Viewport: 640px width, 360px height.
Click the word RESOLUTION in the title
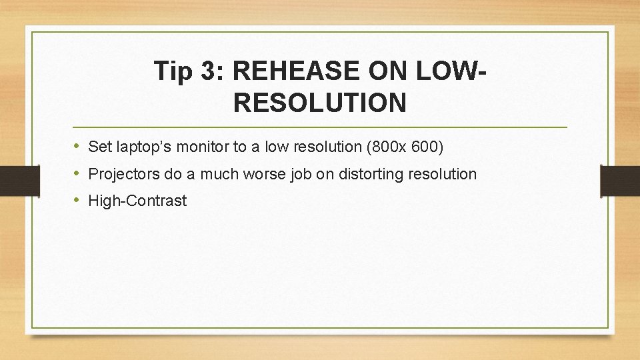click(320, 103)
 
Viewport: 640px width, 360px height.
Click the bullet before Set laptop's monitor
click(78, 146)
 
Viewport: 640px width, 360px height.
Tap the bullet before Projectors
click(78, 173)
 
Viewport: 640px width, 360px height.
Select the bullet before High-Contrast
click(78, 201)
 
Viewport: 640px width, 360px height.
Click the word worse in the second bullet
click(258, 175)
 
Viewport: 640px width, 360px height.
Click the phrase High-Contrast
click(137, 201)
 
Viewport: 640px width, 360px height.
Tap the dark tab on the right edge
click(619, 181)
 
